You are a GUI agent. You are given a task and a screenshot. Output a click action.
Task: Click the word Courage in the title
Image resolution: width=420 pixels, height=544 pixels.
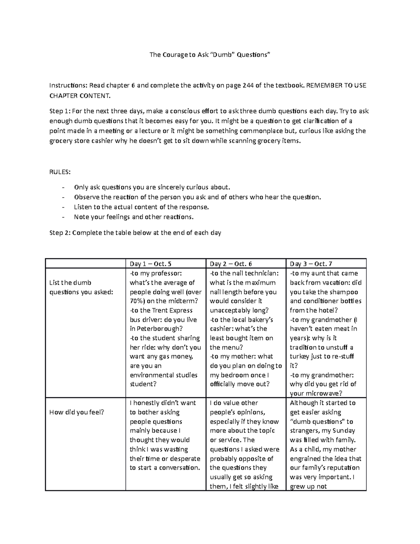[x=175, y=55]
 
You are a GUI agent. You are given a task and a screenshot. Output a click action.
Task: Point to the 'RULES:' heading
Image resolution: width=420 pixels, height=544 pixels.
[x=60, y=172]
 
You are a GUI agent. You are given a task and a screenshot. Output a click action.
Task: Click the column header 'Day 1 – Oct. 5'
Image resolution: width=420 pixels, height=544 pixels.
[x=150, y=264]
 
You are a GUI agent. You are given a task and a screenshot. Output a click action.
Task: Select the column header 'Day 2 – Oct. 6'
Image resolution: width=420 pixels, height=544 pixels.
[x=231, y=264]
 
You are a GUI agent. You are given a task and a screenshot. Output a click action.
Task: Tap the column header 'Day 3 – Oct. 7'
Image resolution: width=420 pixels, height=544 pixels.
[x=311, y=264]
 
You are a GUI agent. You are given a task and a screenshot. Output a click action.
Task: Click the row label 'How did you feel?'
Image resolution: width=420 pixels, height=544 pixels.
[x=77, y=412]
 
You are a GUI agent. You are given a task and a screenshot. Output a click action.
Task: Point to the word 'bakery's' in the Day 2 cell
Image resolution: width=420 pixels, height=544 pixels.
[x=260, y=319]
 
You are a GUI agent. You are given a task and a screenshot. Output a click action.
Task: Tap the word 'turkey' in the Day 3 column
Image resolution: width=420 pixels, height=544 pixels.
[x=299, y=356]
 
